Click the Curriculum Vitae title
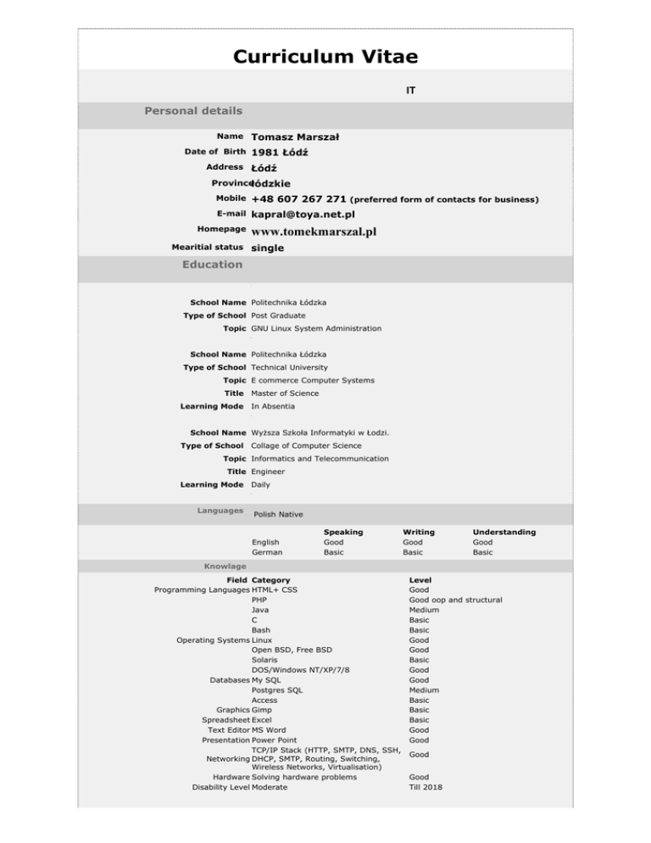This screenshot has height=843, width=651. (x=325, y=57)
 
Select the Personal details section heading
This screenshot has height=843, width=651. (x=193, y=111)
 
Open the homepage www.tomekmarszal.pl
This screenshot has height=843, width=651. (x=314, y=231)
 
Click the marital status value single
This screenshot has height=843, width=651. (x=268, y=248)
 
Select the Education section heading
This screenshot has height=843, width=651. (x=212, y=265)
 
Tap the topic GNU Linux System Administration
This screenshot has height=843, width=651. (x=316, y=328)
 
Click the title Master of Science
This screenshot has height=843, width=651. (x=285, y=394)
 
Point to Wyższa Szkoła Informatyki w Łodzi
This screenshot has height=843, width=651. (x=320, y=433)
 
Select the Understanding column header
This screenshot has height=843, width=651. (x=504, y=532)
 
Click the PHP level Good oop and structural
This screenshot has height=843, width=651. (x=454, y=600)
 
